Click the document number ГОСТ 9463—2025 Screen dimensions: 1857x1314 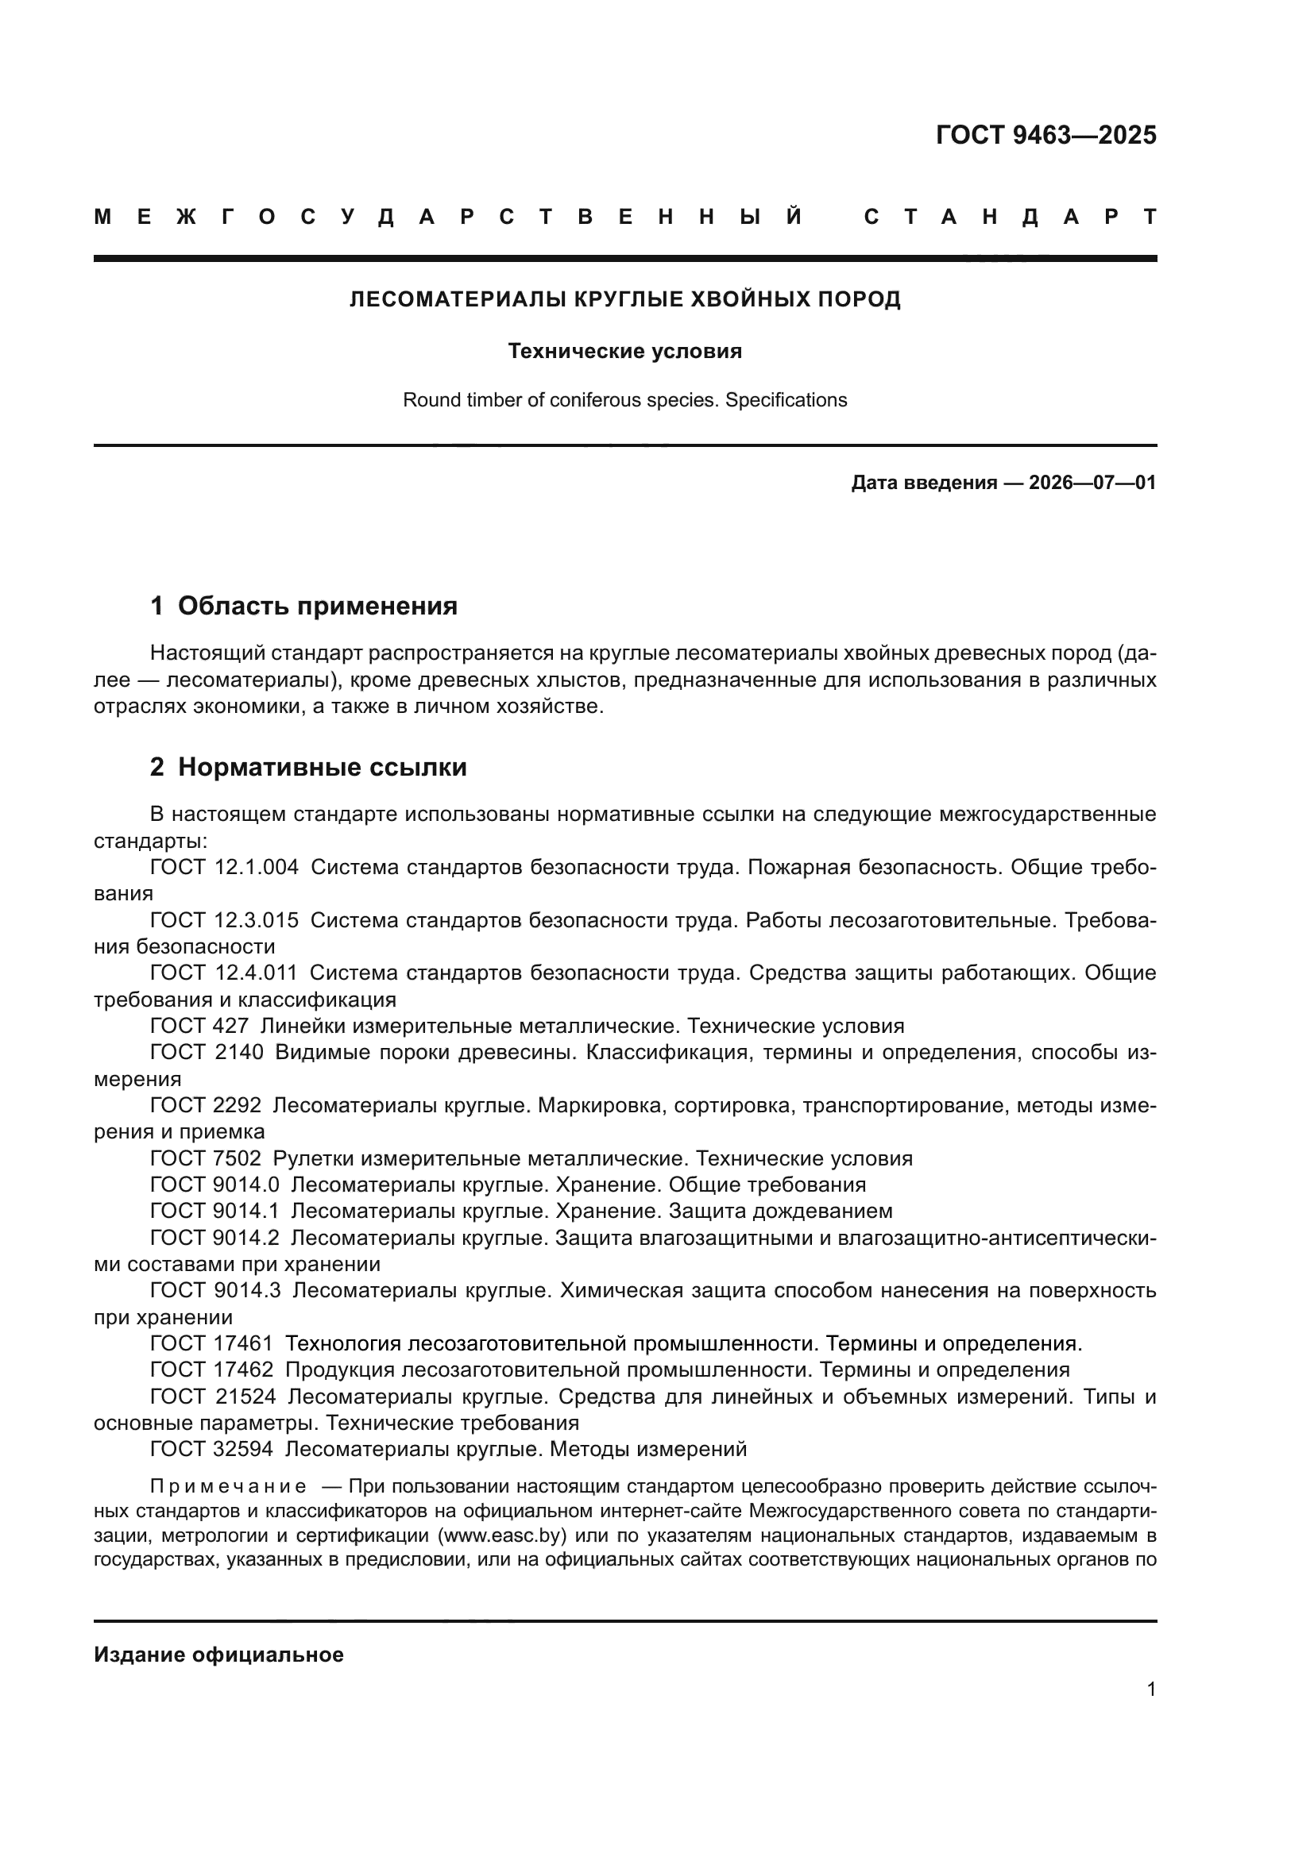click(1045, 135)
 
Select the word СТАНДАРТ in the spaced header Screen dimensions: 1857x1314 click(1010, 217)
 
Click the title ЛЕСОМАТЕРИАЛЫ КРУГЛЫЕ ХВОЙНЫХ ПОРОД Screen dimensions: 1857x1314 click(624, 299)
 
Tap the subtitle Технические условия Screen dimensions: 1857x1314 click(624, 351)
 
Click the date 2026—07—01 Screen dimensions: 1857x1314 click(1092, 483)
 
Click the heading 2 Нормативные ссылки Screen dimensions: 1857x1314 click(308, 766)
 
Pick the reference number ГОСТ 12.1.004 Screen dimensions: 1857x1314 click(224, 867)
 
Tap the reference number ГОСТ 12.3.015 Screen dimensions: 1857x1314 click(224, 919)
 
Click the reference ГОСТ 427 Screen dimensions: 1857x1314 click(199, 1026)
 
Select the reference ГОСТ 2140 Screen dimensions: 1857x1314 click(207, 1052)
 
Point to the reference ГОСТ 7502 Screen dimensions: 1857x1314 click(206, 1158)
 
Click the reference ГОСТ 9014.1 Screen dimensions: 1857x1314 click(214, 1211)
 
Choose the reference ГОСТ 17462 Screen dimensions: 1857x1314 click(212, 1370)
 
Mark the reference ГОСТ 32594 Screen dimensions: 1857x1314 click(212, 1449)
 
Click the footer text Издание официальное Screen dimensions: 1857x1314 click(218, 1655)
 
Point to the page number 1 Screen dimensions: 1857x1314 click(1150, 1689)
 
